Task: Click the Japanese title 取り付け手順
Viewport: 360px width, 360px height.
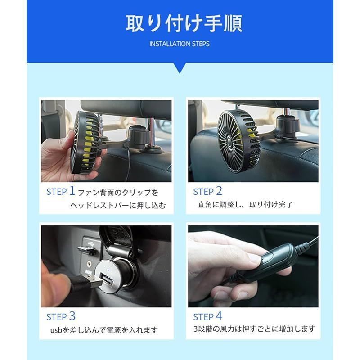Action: point(184,24)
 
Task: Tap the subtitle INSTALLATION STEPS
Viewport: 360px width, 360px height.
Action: point(180,44)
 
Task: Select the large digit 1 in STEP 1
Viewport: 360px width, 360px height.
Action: point(72,191)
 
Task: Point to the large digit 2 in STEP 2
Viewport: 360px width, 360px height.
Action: point(219,191)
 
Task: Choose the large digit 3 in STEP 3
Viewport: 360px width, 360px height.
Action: point(72,316)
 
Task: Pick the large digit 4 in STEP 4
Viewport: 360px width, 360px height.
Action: point(219,316)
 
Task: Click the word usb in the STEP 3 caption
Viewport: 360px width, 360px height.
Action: point(56,330)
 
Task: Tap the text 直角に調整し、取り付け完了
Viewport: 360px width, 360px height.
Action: point(245,204)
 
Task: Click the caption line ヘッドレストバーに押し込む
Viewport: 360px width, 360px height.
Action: point(118,205)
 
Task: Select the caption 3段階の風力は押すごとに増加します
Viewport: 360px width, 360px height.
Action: point(254,329)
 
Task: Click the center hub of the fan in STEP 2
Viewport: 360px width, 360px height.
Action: point(229,139)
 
